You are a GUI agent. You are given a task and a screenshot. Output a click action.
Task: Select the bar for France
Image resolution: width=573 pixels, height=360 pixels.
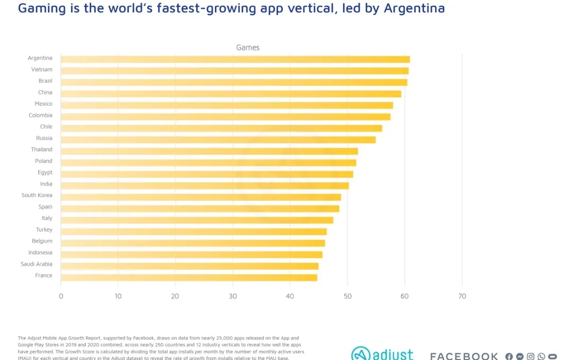[189, 277]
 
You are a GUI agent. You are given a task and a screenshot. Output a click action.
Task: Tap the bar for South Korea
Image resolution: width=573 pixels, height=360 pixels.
[201, 197]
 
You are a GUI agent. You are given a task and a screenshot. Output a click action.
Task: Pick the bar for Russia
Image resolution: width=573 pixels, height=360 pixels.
[218, 140]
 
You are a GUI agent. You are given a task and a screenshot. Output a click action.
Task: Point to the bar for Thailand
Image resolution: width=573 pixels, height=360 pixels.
[209, 151]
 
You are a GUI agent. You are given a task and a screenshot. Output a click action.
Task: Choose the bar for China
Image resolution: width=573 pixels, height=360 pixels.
[231, 94]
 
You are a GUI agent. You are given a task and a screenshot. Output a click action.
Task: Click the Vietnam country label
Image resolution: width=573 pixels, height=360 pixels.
[42, 70]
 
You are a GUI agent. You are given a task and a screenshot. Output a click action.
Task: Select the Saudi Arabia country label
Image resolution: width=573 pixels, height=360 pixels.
[37, 264]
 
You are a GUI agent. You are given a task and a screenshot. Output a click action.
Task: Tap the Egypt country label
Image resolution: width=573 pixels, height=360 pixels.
[45, 173]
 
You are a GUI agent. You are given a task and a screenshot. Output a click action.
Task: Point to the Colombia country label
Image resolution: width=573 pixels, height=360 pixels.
[40, 115]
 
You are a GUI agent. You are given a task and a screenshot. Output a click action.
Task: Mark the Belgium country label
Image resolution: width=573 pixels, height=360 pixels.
[42, 241]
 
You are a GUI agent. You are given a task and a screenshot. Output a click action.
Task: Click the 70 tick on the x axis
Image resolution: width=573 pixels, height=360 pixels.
[462, 296]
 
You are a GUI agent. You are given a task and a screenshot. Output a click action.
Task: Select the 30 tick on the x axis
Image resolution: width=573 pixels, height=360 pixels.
[232, 296]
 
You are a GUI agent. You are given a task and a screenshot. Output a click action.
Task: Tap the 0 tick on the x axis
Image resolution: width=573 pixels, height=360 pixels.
[61, 296]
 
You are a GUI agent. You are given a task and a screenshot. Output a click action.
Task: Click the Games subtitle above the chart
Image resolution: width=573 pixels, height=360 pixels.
[248, 48]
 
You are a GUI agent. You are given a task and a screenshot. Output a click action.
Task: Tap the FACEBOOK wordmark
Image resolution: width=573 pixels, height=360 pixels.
[464, 356]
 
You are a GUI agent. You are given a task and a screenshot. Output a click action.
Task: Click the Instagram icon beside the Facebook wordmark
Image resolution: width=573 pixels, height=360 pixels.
[531, 356]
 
